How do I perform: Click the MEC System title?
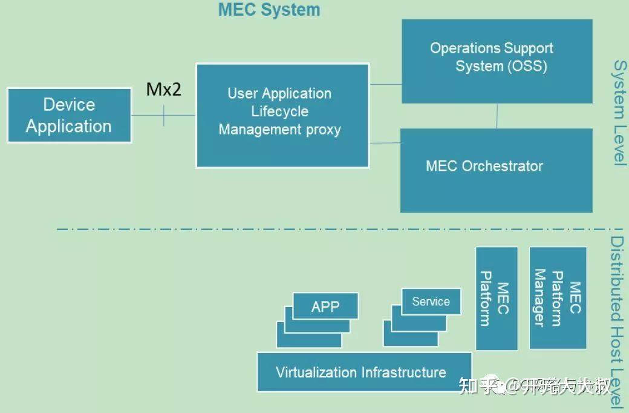[x=269, y=10]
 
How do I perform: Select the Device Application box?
[x=69, y=115]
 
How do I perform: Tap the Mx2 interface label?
[x=163, y=90]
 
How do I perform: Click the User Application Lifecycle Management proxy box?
[x=282, y=115]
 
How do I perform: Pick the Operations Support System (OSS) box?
[x=497, y=61]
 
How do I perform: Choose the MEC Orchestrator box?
[x=497, y=170]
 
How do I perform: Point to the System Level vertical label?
[x=620, y=112]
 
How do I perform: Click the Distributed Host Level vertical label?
[x=618, y=321]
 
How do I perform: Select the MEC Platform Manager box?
[x=558, y=297]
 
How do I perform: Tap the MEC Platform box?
[x=496, y=298]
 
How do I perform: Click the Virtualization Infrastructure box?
[x=363, y=372]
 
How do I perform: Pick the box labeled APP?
[x=325, y=306]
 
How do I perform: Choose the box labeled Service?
[x=431, y=302]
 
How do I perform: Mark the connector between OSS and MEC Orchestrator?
[x=497, y=116]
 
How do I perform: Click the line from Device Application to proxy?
[x=148, y=115]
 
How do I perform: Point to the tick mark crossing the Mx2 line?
[x=163, y=115]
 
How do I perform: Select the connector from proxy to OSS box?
[x=385, y=84]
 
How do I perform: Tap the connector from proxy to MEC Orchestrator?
[x=385, y=143]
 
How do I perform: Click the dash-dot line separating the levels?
[x=302, y=230]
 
